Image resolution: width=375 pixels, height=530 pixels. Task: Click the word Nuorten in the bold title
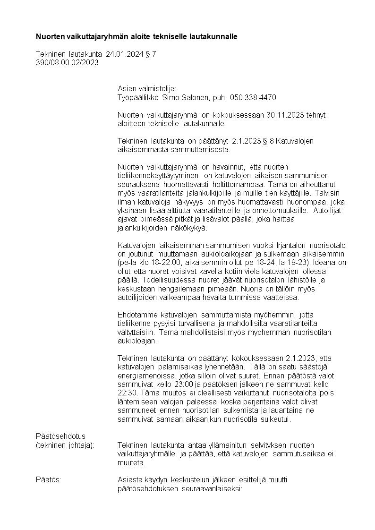tap(50, 36)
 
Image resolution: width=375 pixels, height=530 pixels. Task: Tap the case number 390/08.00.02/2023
tap(67, 62)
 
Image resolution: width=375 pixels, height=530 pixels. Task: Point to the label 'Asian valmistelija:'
tap(146, 88)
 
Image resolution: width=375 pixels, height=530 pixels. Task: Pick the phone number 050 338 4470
tap(254, 97)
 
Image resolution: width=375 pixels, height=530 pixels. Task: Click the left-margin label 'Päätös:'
tap(48, 480)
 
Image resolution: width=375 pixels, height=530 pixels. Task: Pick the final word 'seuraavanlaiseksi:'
tap(212, 488)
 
